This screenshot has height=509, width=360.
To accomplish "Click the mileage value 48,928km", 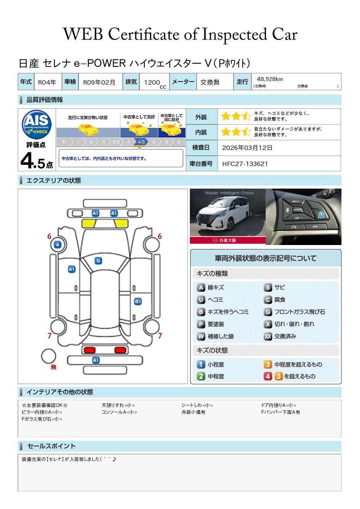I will [270, 79].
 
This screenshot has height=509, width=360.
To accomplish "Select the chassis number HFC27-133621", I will [245, 164].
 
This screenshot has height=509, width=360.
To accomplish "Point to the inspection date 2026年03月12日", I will [247, 148].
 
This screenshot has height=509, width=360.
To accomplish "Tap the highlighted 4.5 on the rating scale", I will [141, 142].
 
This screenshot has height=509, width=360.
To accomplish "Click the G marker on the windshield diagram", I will [98, 261].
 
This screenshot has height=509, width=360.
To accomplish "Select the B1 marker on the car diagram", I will [138, 301].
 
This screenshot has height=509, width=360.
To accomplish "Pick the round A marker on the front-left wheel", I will [58, 245].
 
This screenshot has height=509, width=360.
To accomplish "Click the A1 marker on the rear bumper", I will [96, 360].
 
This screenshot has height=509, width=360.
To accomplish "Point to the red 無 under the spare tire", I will [54, 367].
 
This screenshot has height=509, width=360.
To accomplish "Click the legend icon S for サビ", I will [268, 287].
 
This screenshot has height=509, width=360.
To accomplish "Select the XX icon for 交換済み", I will [268, 336].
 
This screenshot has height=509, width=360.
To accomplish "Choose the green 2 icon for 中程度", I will [201, 376].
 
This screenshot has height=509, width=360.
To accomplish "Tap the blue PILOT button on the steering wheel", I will [321, 215].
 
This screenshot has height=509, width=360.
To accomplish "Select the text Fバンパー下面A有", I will [280, 412].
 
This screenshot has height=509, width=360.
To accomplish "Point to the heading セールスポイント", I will [51, 446].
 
